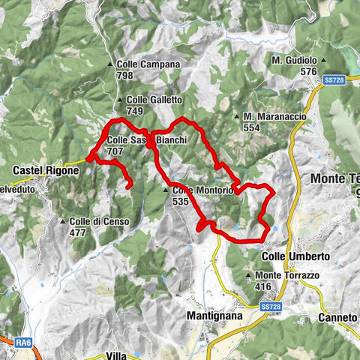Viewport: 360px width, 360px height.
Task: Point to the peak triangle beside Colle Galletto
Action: [x=120, y=100]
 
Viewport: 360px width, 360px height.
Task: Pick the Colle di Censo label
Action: [x=99, y=221]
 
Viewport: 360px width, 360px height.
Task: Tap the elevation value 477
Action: [x=78, y=232]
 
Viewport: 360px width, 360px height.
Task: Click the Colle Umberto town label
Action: [x=295, y=256]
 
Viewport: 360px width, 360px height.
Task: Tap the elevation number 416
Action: [x=262, y=286]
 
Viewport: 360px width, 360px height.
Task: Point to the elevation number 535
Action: [x=180, y=202]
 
